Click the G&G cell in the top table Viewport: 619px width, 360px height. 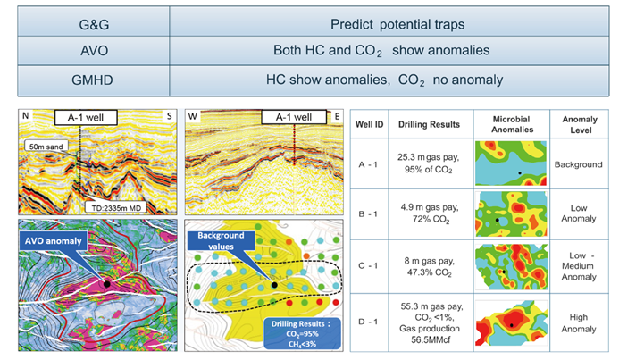(94, 24)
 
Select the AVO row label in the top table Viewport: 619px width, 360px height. (94, 51)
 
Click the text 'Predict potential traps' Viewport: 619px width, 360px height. (397, 24)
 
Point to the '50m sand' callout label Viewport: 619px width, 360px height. (46, 147)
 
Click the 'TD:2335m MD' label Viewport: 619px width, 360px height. (116, 207)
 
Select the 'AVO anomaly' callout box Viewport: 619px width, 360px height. (53, 241)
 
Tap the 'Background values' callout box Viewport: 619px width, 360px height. (221, 241)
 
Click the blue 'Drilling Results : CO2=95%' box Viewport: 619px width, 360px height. (302, 334)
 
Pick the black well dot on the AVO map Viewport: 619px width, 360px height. (106, 284)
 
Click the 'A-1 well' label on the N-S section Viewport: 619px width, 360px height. (86, 118)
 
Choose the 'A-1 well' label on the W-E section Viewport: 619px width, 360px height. (294, 117)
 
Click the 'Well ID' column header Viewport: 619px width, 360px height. (369, 124)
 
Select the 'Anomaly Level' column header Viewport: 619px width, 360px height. (580, 124)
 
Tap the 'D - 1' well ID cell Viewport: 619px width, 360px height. (367, 322)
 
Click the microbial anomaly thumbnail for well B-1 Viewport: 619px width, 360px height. (511, 214)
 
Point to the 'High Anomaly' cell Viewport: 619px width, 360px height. (579, 322)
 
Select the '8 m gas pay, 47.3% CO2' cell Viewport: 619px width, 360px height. (429, 266)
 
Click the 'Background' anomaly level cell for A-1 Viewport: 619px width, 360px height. (578, 164)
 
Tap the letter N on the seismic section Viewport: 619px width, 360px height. (26, 115)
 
